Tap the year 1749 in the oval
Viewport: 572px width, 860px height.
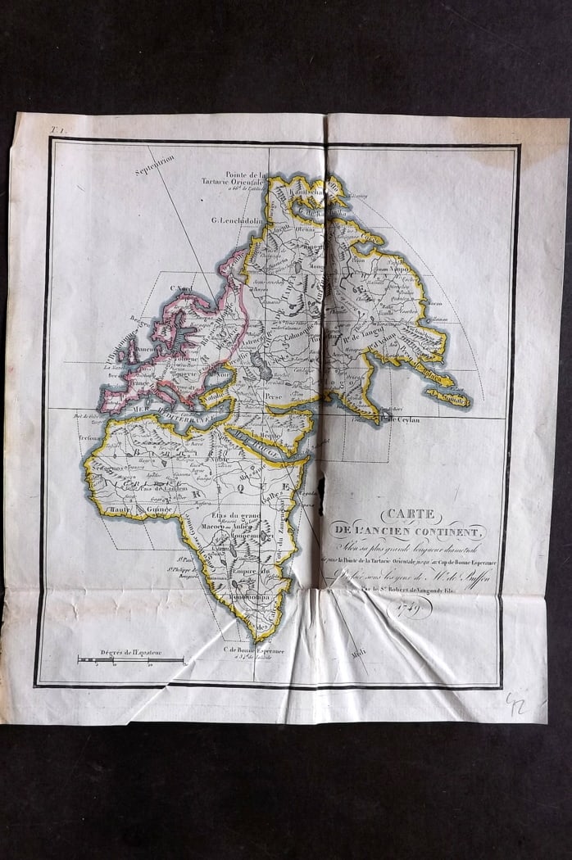click(409, 607)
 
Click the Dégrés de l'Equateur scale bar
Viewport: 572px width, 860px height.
click(130, 659)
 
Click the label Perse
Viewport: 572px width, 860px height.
click(273, 394)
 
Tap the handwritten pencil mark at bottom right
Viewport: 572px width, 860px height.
click(516, 704)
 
